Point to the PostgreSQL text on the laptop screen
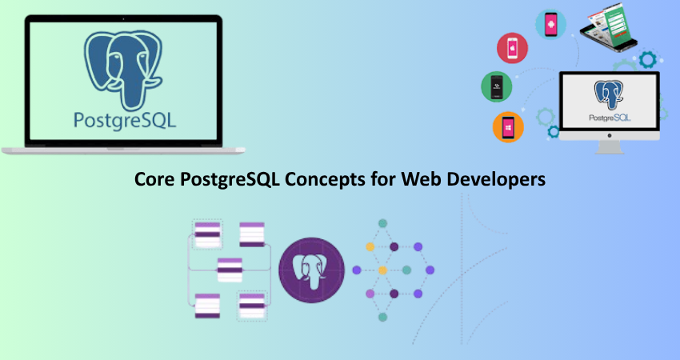coord(125,120)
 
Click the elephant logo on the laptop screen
coord(123,70)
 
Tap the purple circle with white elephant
coord(311,270)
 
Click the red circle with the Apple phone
coord(512,48)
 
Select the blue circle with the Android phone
coord(550,25)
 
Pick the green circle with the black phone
coord(497,86)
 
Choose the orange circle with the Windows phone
coord(508,127)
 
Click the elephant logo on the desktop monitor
coord(610,94)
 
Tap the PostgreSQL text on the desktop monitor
coord(610,118)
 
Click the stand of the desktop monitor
coord(610,147)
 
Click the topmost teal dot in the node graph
coord(382,223)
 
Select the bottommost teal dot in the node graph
coord(382,317)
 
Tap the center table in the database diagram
coord(230,270)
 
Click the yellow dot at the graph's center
coord(382,270)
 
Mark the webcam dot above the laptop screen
coord(123,19)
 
